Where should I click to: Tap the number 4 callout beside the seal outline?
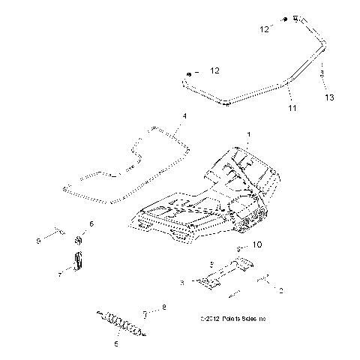click(x=184, y=115)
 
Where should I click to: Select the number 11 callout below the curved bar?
click(x=292, y=108)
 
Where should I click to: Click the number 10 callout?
click(x=257, y=244)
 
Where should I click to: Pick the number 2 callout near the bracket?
click(x=281, y=289)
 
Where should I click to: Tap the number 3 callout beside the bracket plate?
click(x=182, y=282)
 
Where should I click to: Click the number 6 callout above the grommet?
click(x=91, y=223)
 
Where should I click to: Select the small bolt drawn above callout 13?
click(x=323, y=74)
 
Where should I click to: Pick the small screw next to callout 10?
click(x=239, y=248)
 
